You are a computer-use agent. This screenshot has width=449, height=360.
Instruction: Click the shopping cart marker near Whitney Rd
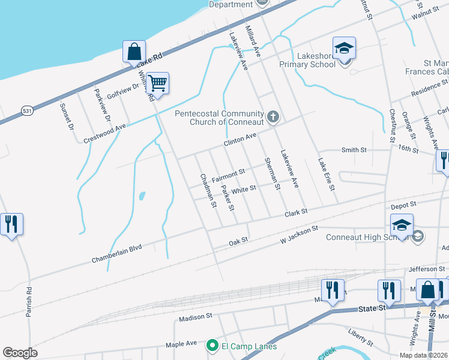coord(157,83)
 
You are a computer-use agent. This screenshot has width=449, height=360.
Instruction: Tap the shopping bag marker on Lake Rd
coord(134,51)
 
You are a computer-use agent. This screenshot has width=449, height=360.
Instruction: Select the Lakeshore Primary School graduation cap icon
coord(345,48)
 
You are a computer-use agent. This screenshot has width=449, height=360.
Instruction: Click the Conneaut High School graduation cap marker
coord(402,225)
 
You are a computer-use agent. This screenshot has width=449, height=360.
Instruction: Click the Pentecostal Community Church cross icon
coord(273,116)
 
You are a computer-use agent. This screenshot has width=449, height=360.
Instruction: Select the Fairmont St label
coord(229,172)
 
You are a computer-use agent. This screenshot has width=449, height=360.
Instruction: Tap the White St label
coord(244,189)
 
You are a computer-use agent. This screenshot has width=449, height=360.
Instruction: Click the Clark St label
coord(296,212)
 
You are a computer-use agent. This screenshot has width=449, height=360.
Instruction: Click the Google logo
coord(20,353)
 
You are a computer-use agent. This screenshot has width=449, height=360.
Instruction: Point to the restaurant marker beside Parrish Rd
coord(11,224)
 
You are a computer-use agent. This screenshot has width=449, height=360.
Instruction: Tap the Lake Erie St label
coord(326,175)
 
